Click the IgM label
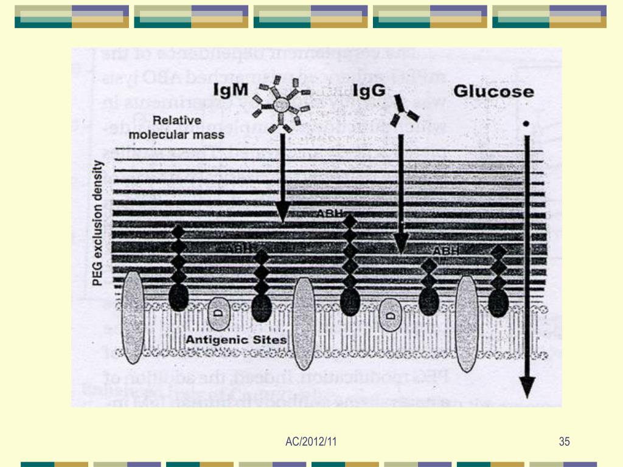[231, 91]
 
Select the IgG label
[370, 91]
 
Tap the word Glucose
[493, 92]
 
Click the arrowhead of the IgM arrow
[282, 212]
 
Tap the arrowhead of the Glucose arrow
[527, 387]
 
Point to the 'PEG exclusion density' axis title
[97, 224]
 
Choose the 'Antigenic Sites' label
[237, 339]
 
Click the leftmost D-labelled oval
[218, 314]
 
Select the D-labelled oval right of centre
[391, 315]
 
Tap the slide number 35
[564, 441]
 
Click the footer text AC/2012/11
[310, 441]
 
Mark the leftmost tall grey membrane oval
[133, 317]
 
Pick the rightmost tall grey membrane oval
[467, 322]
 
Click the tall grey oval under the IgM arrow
[304, 323]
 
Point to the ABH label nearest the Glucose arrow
[445, 251]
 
